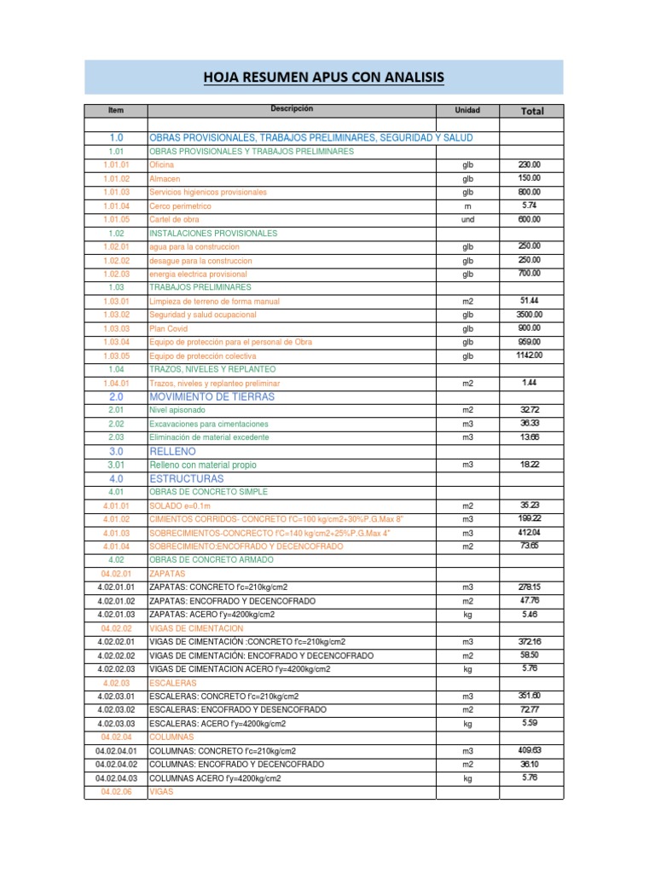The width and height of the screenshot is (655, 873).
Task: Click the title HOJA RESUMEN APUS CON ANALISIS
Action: click(x=323, y=78)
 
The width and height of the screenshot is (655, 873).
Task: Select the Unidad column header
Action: click(x=467, y=111)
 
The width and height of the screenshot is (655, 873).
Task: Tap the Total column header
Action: click(x=531, y=111)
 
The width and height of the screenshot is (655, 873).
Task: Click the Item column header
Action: click(x=116, y=111)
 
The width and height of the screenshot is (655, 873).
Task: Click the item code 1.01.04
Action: click(x=116, y=205)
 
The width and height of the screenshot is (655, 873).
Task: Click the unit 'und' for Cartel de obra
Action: click(x=467, y=219)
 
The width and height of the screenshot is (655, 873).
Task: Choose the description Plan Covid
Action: click(x=169, y=328)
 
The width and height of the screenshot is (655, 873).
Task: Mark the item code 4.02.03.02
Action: click(x=116, y=709)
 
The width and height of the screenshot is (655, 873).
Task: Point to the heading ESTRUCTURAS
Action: click(x=186, y=479)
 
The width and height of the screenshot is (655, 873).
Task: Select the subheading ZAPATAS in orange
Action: click(x=166, y=574)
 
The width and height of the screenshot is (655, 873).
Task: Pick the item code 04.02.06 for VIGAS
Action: click(x=116, y=791)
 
